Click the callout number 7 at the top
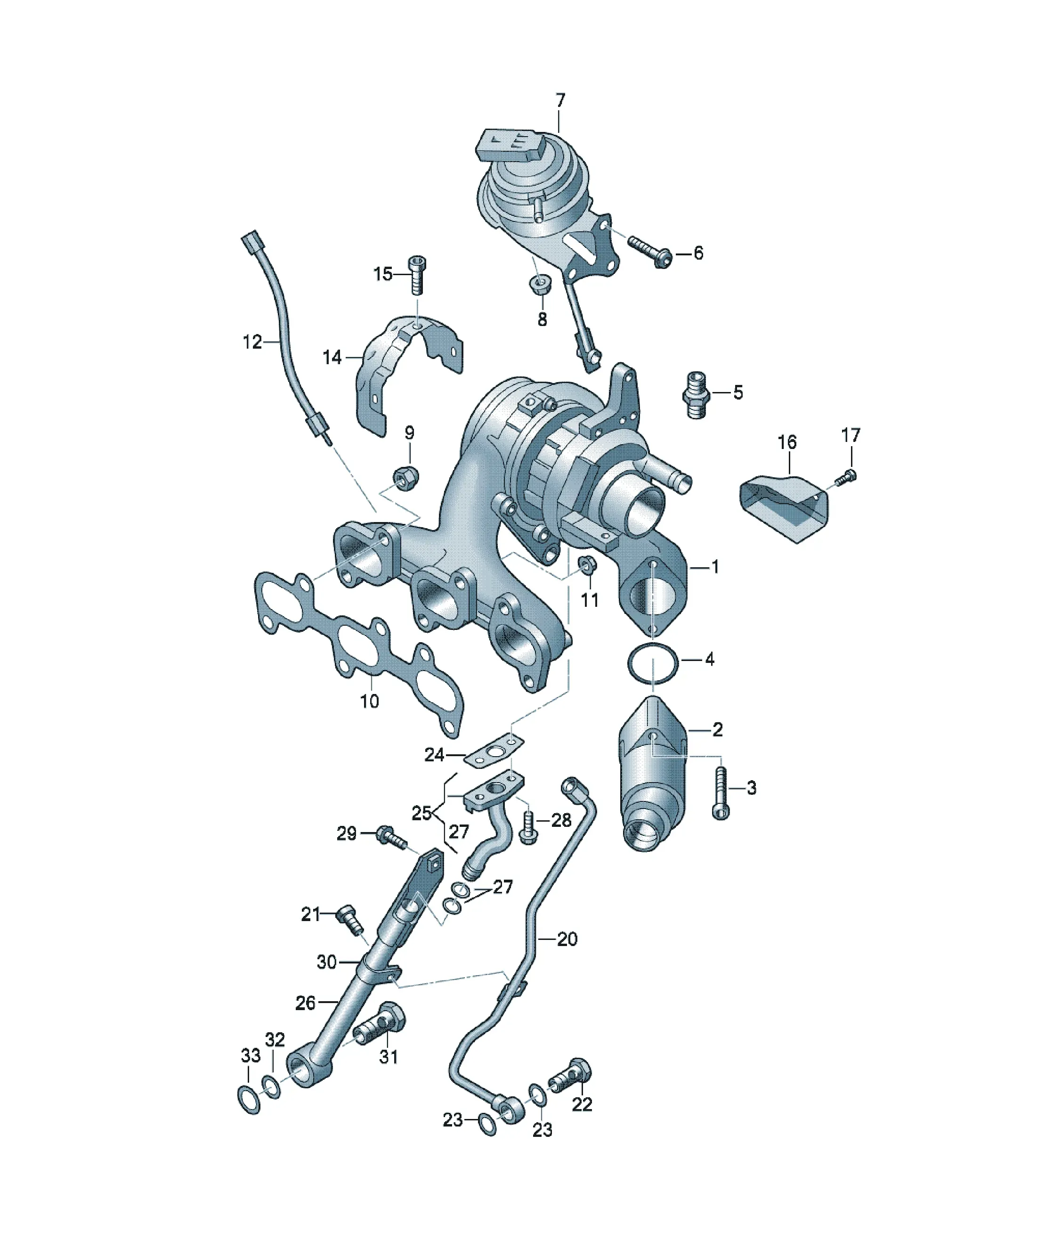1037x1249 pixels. [559, 100]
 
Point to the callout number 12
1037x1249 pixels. [252, 342]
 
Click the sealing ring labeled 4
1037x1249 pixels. [652, 664]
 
